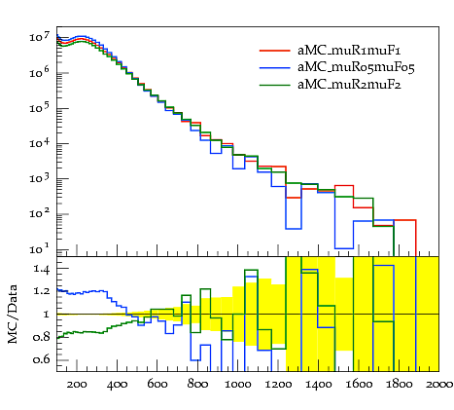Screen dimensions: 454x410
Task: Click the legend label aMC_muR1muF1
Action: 349,51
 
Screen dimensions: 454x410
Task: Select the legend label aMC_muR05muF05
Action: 356,67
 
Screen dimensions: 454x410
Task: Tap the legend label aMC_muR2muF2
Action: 349,85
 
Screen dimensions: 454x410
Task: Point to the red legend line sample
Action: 275,51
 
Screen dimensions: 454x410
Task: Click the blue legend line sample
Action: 275,68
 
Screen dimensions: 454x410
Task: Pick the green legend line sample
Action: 275,85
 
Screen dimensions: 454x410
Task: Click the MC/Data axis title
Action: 13,314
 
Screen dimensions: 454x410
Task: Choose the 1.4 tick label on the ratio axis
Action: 42,269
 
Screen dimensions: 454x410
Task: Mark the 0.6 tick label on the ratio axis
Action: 42,359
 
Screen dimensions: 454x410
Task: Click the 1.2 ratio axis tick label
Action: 42,291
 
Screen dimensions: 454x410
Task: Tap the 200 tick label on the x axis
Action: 77,385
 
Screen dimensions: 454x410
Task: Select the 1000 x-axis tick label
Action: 238,385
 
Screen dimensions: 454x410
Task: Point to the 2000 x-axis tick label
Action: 439,385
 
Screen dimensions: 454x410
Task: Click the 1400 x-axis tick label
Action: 318,385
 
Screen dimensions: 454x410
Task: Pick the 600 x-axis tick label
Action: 157,385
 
